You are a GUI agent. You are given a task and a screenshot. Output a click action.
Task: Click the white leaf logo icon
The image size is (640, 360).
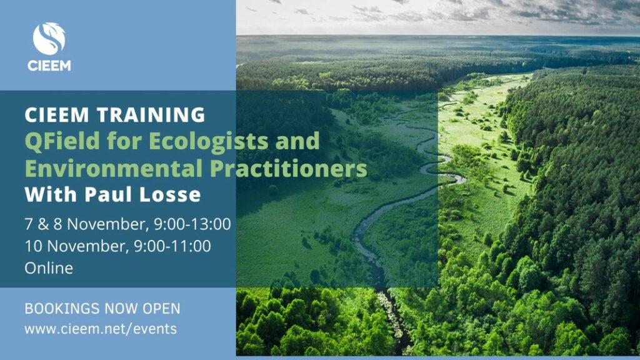click(49, 38)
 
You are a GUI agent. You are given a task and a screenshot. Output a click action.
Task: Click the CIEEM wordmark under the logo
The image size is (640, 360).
click(49, 66)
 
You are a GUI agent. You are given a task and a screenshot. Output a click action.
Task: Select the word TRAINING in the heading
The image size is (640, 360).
click(151, 115)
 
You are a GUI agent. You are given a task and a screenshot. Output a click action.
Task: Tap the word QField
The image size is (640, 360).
click(62, 141)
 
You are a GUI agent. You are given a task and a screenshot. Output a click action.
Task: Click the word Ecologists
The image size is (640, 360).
click(208, 141)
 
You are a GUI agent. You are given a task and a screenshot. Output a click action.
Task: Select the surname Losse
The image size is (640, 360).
click(170, 194)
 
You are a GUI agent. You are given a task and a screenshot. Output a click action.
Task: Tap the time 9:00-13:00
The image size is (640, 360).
click(192, 224)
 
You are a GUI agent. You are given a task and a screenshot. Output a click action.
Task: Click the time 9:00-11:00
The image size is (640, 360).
click(172, 246)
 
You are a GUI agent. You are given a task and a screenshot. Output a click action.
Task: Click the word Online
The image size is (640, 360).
click(49, 268)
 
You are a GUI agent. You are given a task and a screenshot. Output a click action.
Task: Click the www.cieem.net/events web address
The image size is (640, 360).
click(101, 329)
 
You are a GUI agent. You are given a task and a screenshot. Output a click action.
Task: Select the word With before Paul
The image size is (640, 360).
click(51, 194)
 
